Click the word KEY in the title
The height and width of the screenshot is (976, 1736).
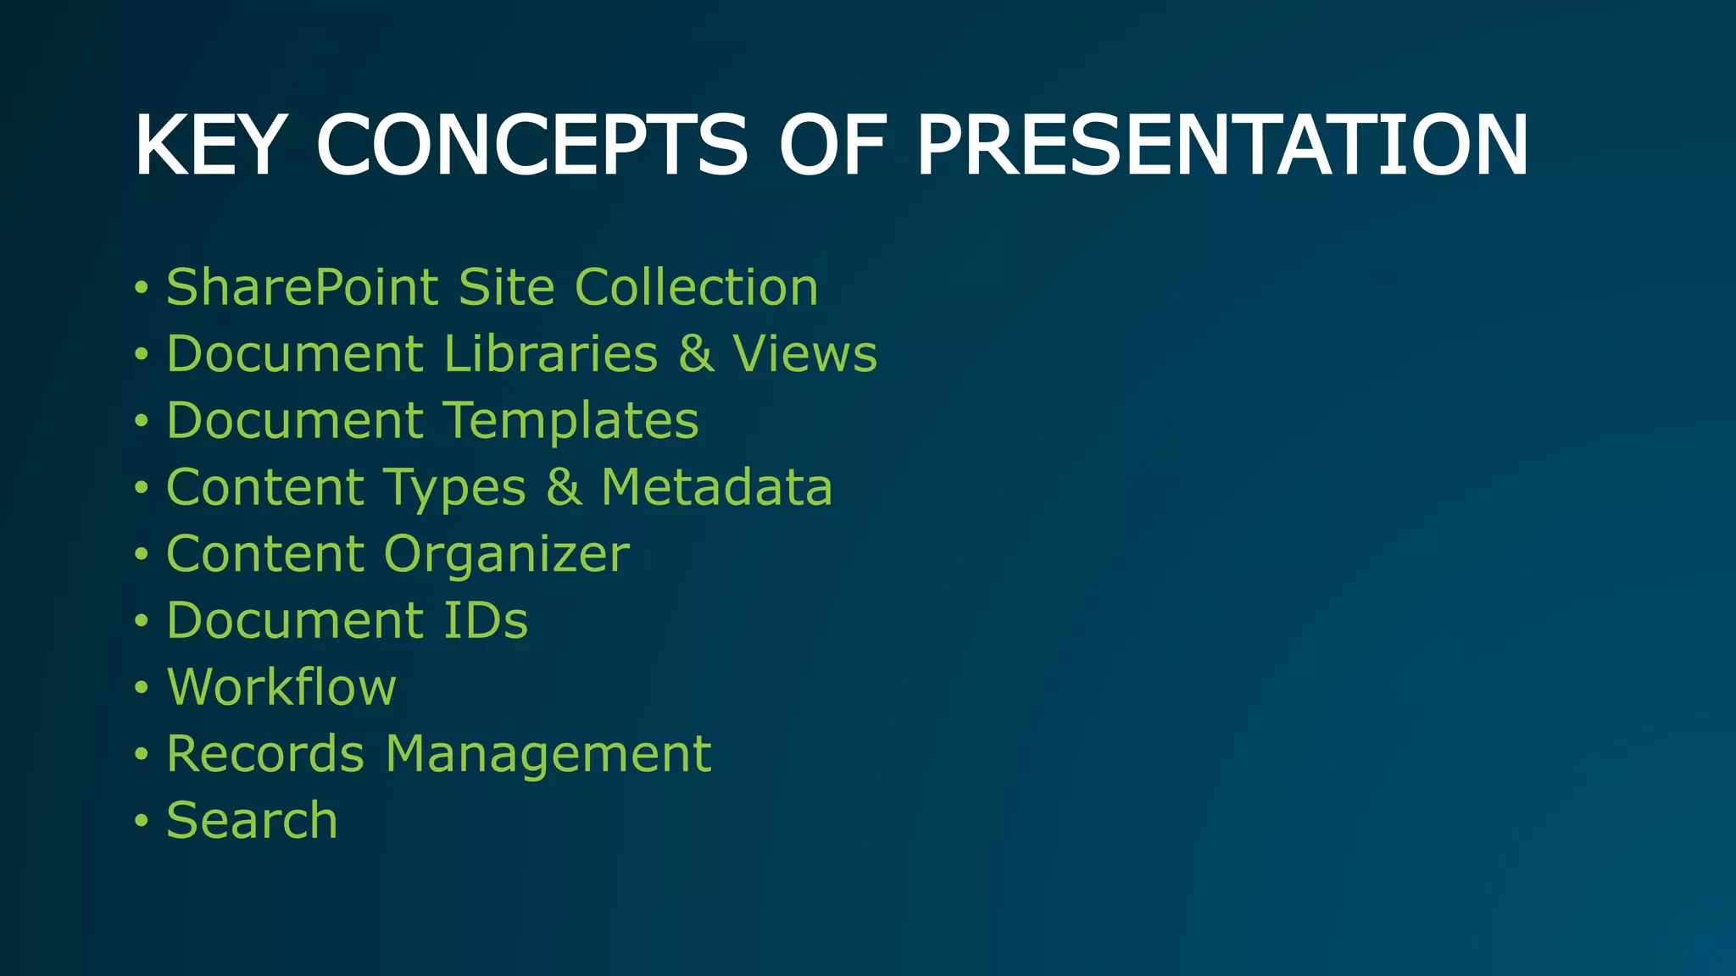(x=207, y=146)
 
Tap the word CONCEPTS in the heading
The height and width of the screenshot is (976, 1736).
(x=531, y=146)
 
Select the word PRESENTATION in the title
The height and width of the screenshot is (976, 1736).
(x=1222, y=146)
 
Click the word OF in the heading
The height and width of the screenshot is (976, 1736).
(x=832, y=146)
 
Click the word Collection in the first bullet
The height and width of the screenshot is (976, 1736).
(x=696, y=287)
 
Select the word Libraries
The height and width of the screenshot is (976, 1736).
(x=550, y=353)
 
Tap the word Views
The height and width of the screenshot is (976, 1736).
(x=804, y=353)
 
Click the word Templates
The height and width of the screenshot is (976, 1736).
(x=570, y=420)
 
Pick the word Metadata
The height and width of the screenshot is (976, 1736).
(x=716, y=487)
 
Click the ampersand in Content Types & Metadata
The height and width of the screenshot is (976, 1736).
(x=564, y=487)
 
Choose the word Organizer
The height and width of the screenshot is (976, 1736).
(x=506, y=554)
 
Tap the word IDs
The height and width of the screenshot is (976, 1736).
(x=485, y=620)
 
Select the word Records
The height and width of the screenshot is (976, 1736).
(x=265, y=753)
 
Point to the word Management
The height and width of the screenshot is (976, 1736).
(x=548, y=753)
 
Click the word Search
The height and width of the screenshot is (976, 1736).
(x=252, y=820)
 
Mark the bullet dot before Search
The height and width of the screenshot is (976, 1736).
(x=141, y=820)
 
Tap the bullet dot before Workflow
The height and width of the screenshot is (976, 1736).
(x=141, y=687)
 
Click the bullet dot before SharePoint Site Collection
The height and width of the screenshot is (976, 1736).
(x=141, y=288)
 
